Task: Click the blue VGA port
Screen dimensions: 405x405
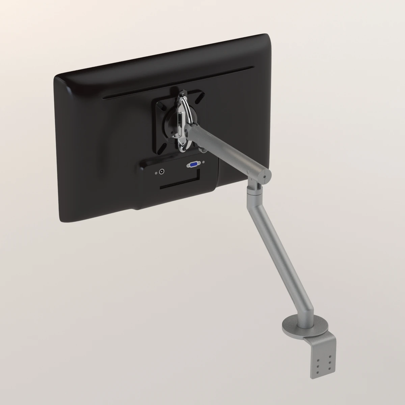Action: coord(194,165)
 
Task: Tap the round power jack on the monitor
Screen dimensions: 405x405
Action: coord(162,172)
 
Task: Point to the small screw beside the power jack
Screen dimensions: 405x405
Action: coord(156,173)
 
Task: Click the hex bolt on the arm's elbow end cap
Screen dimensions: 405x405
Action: coord(265,176)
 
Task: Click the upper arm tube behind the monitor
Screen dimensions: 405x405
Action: coord(230,148)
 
